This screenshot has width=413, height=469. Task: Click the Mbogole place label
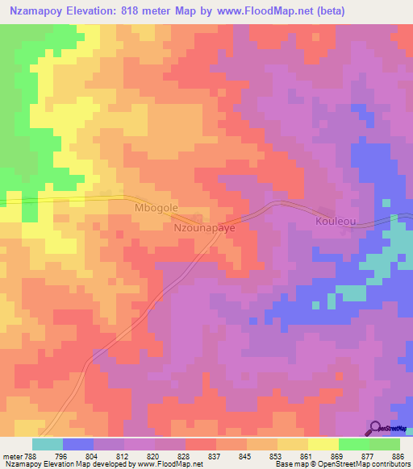(x=155, y=208)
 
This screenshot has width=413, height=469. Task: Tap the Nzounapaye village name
(x=205, y=228)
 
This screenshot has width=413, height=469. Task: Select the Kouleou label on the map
(x=336, y=220)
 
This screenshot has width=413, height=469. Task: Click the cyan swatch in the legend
(x=48, y=444)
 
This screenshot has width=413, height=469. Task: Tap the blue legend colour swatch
(x=78, y=444)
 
